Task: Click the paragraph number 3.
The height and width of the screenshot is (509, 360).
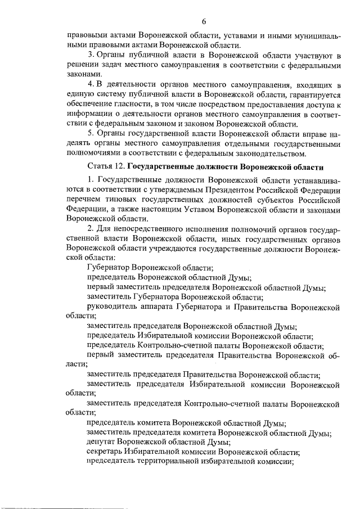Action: (91, 55)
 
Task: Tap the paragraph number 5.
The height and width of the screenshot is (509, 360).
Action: (91, 133)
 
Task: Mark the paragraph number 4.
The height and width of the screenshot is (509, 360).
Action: (91, 84)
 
